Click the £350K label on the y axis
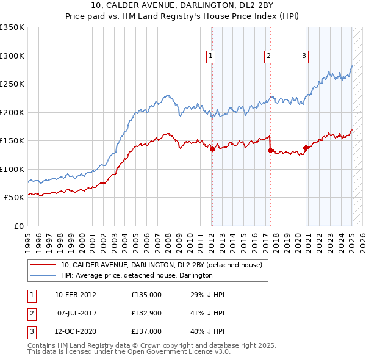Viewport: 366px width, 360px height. click(x=12, y=27)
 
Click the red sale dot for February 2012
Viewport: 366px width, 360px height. click(x=212, y=149)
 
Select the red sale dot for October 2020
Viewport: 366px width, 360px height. click(x=306, y=148)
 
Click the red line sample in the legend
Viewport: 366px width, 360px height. click(x=43, y=265)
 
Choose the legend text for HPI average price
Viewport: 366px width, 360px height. click(x=136, y=275)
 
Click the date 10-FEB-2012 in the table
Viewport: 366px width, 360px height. click(x=76, y=295)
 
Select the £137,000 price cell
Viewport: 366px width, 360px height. click(x=146, y=331)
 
